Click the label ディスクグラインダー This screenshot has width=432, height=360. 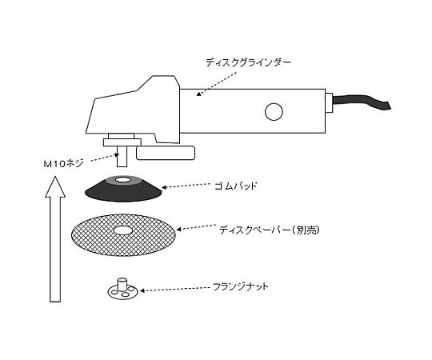point(248,63)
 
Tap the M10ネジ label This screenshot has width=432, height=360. point(63,164)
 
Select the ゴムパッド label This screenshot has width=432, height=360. point(236,186)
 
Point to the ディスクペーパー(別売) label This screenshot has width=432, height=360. point(269,230)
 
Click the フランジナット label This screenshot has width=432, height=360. point(241,286)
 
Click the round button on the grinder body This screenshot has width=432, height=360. point(274,111)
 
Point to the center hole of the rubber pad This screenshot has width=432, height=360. point(123,180)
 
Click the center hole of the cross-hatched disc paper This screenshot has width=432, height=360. point(122,230)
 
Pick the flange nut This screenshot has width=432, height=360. point(122,290)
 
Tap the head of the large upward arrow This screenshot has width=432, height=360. point(55,187)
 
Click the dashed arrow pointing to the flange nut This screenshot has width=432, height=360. point(175,290)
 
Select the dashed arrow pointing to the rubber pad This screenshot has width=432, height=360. point(186,186)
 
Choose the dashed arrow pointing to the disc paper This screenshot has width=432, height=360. point(196,227)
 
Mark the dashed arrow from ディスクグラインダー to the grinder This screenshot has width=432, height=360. point(216,84)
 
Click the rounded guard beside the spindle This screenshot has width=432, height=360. point(166,153)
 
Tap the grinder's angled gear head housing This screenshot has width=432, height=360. point(133,110)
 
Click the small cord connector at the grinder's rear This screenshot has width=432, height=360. point(329,102)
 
